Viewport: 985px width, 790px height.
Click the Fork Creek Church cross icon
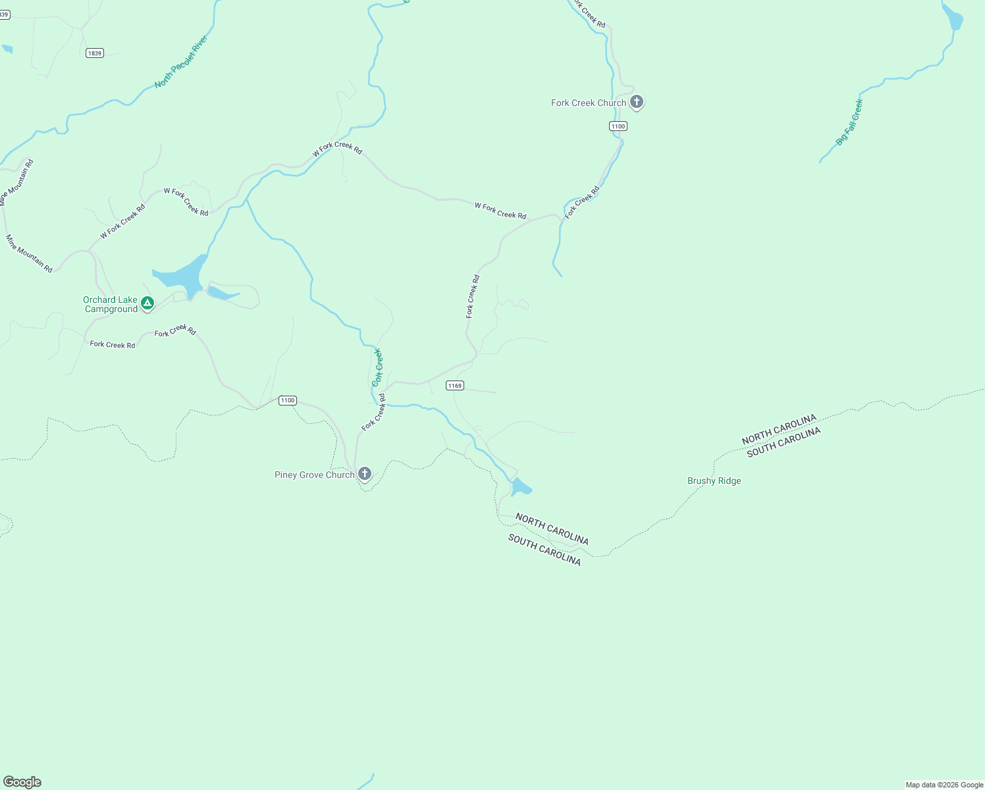coord(636,102)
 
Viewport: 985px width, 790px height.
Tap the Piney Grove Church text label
coord(314,475)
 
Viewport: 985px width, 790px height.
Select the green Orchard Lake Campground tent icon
coord(147,303)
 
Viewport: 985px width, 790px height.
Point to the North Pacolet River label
coord(181,62)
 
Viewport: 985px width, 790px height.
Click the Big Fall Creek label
coord(849,122)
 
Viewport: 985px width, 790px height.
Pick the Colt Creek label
coord(377,367)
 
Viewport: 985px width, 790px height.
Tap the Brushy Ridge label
coord(714,481)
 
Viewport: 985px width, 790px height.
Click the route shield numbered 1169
coord(454,385)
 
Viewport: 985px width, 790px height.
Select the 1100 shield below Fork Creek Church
coord(618,126)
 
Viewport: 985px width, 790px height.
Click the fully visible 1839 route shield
coord(95,53)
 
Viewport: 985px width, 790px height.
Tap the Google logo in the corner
coord(22,782)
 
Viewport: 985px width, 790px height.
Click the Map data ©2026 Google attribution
coord(944,785)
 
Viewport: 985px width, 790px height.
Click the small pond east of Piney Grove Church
coord(520,487)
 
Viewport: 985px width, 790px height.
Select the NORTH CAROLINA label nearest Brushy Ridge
coord(779,429)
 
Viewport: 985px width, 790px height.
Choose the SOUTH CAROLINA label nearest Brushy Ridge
coord(784,442)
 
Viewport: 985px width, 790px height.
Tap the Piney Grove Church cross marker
coord(364,474)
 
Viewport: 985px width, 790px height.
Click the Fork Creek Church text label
coord(588,103)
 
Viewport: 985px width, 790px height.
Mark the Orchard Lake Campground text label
coord(111,304)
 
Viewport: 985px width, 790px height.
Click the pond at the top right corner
coord(953,17)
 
